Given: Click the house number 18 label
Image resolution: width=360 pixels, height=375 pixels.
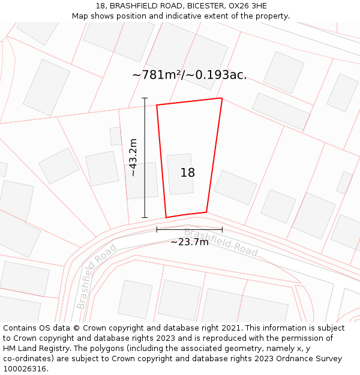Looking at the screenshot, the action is coord(188,173).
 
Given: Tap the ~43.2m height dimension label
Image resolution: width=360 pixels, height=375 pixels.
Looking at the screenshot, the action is coord(133,157).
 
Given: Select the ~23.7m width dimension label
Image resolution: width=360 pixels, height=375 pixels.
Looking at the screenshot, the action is coord(189,242).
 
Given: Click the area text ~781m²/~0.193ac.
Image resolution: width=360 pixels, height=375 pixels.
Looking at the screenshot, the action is coord(189,75).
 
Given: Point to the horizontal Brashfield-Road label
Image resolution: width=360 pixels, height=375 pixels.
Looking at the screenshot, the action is coord(221,242).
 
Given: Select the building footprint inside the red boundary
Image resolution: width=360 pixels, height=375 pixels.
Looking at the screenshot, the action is coord(180,174).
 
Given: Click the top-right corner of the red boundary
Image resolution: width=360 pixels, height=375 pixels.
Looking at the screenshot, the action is coord(222,98).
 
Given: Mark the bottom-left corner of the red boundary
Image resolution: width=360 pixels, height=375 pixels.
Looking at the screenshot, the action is coord(166,217).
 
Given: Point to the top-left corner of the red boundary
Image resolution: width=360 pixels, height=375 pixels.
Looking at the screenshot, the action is coord(157,106).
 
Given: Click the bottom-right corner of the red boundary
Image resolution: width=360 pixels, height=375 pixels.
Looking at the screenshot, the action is coord(206,212).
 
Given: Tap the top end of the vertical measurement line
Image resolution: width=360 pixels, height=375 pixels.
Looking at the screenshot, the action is coord(145,98).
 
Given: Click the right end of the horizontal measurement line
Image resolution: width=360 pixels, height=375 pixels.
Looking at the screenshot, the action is coord(222,229).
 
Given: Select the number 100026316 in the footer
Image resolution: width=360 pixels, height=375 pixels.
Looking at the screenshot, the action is coord(26,368).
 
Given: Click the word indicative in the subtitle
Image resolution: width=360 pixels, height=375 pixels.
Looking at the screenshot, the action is coord(172,16).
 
